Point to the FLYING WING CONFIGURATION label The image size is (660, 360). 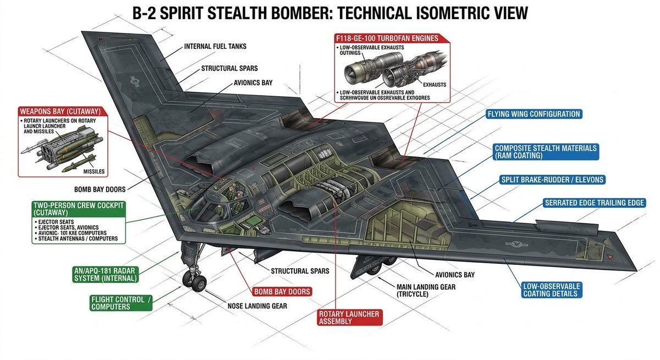533,114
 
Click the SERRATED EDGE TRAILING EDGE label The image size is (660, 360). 594,203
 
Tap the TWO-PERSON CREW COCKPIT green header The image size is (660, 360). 79,208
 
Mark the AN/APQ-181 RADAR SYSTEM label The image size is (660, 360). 105,274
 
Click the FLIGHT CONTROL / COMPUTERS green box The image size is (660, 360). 120,303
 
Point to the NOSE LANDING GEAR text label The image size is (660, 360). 257,306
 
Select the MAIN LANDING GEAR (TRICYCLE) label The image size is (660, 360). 426,290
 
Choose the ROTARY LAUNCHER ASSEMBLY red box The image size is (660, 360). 349,317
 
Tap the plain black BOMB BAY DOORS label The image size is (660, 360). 103,189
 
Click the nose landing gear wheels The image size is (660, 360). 199,284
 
